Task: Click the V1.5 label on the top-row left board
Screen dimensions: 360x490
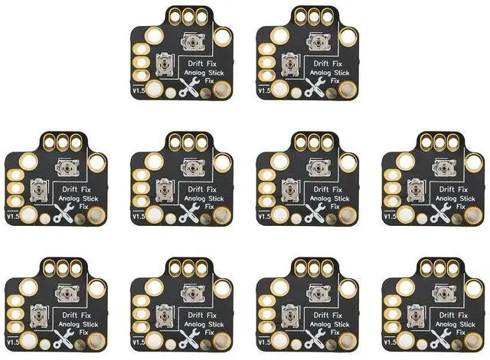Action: tap(136, 92)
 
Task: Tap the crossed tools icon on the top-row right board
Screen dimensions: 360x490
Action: tap(312, 88)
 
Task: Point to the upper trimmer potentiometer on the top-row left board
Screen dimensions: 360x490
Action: tap(191, 41)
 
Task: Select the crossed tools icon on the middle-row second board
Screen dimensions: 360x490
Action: tap(188, 215)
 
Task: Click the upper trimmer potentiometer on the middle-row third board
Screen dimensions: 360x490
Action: tap(315, 168)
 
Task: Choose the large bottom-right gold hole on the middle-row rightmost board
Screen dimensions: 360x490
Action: tap(474, 215)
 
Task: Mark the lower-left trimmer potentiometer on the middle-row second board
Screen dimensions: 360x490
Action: tap(163, 192)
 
